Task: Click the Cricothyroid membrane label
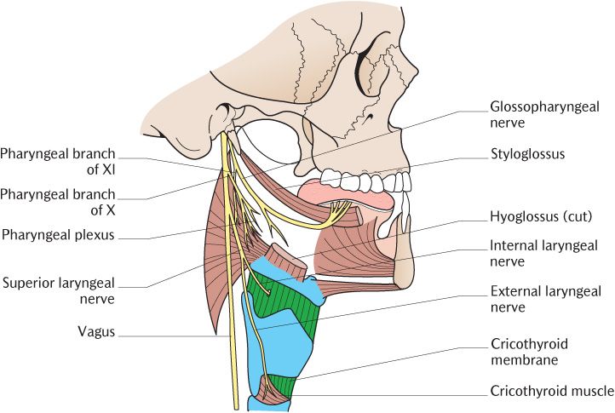click(x=529, y=352)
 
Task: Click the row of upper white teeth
click(x=366, y=182)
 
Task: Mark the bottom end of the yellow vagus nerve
click(x=231, y=404)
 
